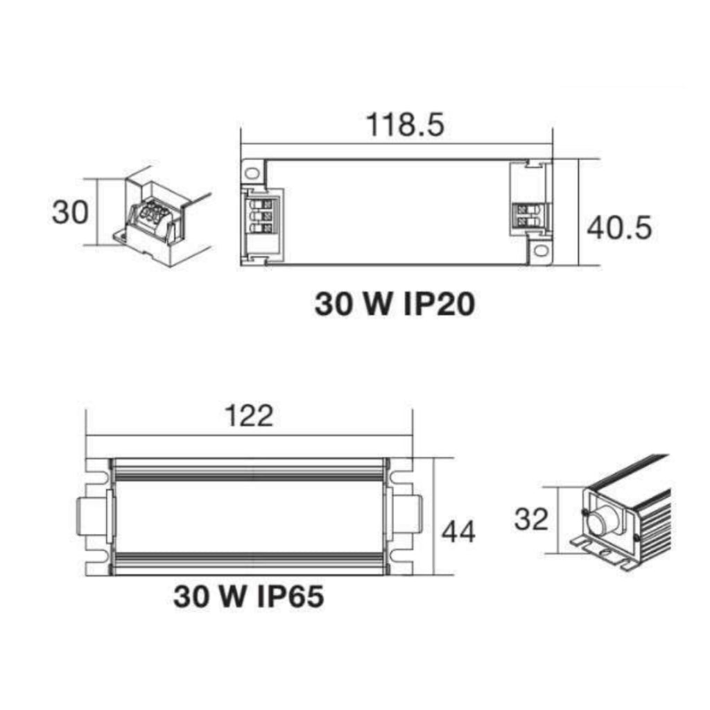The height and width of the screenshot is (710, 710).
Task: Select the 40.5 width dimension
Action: click(619, 227)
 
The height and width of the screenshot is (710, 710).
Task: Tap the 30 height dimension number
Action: click(70, 212)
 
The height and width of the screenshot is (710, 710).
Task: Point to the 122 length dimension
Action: click(250, 416)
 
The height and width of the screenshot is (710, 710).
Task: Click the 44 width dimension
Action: click(458, 532)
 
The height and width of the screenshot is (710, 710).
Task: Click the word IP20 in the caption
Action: click(438, 304)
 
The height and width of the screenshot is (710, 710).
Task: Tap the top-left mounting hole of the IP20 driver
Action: click(252, 173)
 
